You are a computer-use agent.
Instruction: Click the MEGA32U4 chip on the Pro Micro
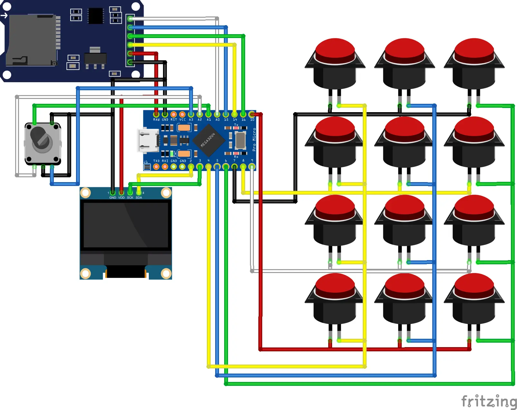(x=208, y=140)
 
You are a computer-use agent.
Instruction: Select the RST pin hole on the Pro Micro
(x=174, y=114)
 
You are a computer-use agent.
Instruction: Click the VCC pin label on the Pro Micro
(x=182, y=120)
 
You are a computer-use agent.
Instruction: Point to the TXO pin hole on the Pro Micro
(x=156, y=167)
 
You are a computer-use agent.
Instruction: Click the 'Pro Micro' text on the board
(x=254, y=140)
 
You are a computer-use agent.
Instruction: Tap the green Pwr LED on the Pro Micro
(x=172, y=153)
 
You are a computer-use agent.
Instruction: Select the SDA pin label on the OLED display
(x=139, y=198)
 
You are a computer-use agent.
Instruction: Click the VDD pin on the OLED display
(x=121, y=193)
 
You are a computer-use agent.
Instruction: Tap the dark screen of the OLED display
(x=126, y=225)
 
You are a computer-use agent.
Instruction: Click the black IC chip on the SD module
(x=96, y=16)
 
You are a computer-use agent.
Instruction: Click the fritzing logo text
(x=489, y=401)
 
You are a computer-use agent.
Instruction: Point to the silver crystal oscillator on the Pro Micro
(x=240, y=140)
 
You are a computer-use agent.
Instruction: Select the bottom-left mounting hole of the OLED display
(x=85, y=273)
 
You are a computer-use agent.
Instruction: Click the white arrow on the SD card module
(x=4, y=15)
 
